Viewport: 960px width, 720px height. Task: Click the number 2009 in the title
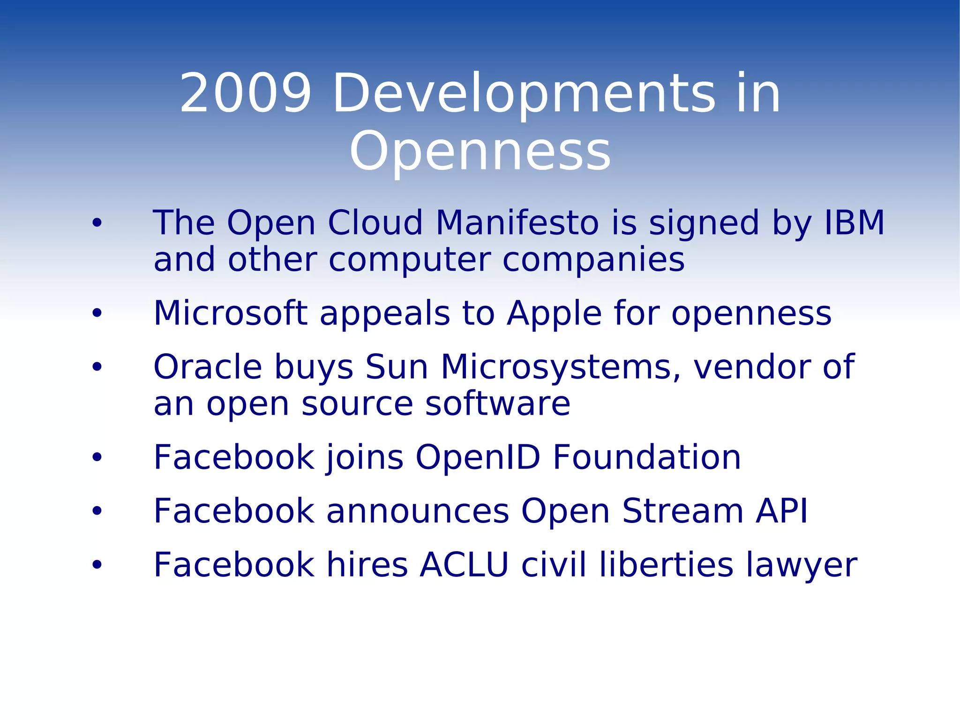coord(246,93)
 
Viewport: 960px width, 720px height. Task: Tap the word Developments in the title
coord(524,93)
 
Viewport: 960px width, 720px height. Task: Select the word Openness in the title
coord(480,152)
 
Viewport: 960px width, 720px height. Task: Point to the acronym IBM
coord(854,222)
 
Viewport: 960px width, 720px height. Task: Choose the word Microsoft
coord(230,313)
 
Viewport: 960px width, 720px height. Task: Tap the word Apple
coord(555,313)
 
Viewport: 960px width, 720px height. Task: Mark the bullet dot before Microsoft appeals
coord(97,313)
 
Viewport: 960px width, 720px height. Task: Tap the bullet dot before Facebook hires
coord(97,565)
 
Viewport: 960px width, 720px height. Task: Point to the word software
coord(497,404)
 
